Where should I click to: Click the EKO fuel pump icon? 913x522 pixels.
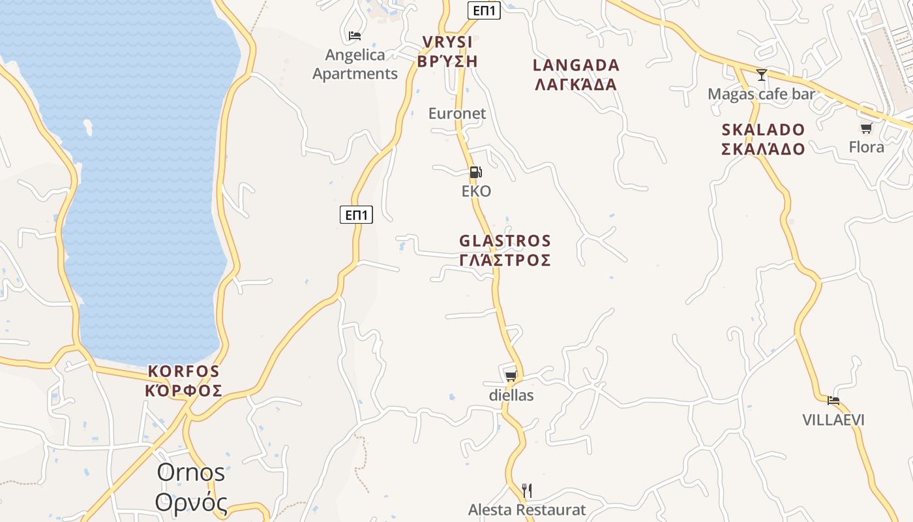[x=475, y=172]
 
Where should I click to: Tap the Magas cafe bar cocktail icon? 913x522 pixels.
[x=761, y=74]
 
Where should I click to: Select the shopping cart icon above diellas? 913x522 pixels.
[x=511, y=376]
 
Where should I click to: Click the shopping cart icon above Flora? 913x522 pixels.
[x=866, y=128]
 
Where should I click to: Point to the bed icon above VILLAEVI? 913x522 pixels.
[x=833, y=400]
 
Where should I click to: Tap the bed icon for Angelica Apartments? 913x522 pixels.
[x=355, y=35]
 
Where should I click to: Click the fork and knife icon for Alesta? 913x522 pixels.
[x=527, y=490]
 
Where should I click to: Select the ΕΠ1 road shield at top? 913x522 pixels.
[x=484, y=10]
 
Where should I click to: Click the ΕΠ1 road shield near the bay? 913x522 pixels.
[x=356, y=215]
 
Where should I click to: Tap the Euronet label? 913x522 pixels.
[x=457, y=114]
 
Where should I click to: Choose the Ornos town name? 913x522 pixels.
[x=190, y=472]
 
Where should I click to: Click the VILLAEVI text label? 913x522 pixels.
[x=833, y=420]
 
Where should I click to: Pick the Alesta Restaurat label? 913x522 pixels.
[x=527, y=510]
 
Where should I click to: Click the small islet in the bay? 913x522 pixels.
[x=87, y=126]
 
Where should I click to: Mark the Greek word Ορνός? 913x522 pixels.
[x=192, y=503]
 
